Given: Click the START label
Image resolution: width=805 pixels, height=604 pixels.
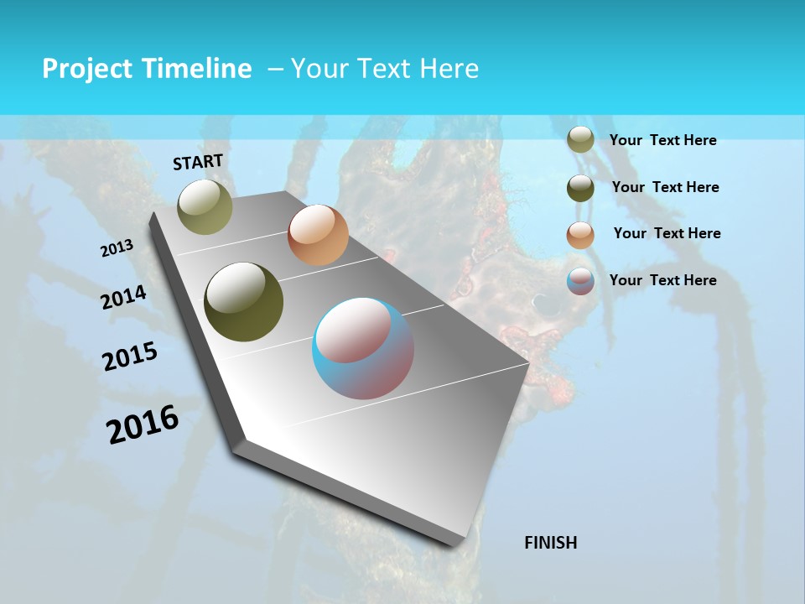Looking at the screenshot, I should (198, 162).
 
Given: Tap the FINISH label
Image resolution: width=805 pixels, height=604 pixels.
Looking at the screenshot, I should (550, 543).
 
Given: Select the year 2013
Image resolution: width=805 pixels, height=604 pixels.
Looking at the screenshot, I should (117, 248).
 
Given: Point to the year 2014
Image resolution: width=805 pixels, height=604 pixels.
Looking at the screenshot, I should (123, 298).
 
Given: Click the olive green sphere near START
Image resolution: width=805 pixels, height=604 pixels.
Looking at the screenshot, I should (205, 206).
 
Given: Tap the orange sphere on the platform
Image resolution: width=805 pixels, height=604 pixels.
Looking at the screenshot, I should (318, 235).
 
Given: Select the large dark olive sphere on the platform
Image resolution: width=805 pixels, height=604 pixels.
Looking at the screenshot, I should (244, 302).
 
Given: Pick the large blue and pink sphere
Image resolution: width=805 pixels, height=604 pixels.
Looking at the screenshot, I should (363, 348).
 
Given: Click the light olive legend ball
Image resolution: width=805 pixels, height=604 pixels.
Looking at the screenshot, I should (580, 140).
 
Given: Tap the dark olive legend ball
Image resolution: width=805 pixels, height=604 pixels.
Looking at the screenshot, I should (580, 187).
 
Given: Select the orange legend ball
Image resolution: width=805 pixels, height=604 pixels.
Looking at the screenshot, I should (580, 234).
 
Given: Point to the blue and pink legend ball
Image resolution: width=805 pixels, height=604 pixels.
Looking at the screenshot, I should (580, 281).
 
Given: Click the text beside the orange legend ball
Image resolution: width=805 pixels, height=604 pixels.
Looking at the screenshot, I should (667, 233).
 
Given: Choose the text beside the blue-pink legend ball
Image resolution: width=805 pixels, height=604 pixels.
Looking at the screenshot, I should (662, 280).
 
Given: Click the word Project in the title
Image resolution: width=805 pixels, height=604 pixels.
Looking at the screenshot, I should (87, 69).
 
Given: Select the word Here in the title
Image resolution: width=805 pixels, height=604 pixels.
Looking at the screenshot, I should (449, 69).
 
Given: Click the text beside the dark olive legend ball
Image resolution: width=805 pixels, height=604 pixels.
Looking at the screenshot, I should (665, 187).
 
